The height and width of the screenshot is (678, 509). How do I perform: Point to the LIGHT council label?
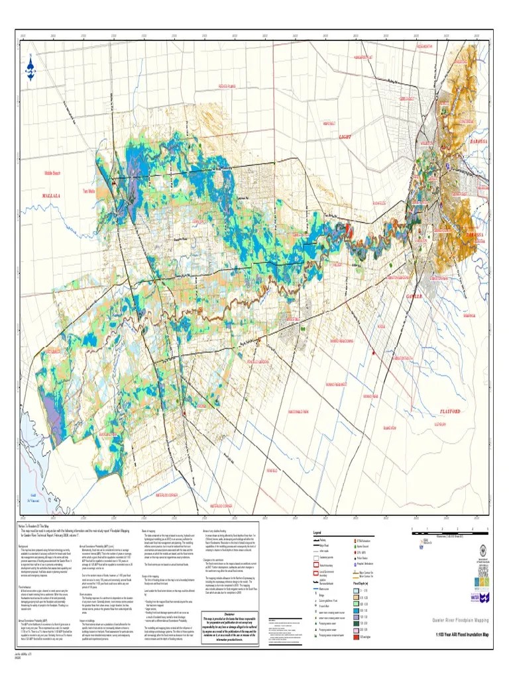345,136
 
